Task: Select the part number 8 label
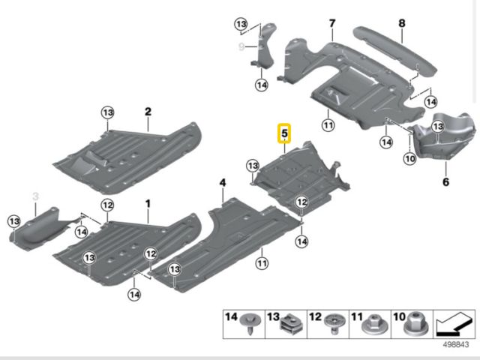click(401, 23)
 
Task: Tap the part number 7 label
click(331, 24)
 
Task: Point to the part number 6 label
click(445, 181)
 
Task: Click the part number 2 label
click(148, 112)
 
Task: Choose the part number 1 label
click(148, 204)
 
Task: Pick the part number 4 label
click(222, 182)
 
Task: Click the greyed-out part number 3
click(34, 196)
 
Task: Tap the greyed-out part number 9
click(241, 46)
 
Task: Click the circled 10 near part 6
click(409, 158)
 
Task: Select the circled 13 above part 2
click(107, 112)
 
